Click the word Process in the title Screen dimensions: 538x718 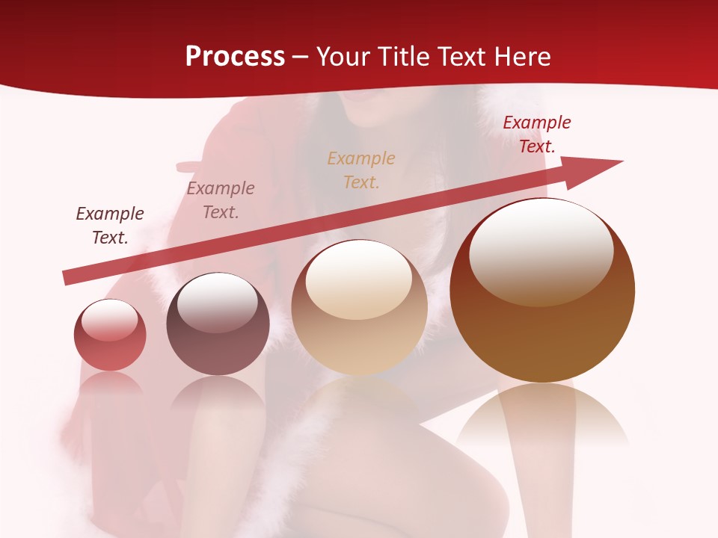235,57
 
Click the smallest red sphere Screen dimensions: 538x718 110,336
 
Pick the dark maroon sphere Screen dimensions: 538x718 218,324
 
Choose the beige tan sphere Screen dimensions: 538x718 360,308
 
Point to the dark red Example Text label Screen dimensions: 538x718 537,134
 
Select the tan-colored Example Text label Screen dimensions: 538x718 361,170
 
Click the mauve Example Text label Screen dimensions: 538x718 221,200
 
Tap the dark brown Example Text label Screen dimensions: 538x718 110,226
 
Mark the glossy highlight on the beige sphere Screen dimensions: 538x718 359,279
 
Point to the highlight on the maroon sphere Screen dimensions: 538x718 217,301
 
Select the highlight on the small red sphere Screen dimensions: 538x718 110,319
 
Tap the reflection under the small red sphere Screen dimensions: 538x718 110,385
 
